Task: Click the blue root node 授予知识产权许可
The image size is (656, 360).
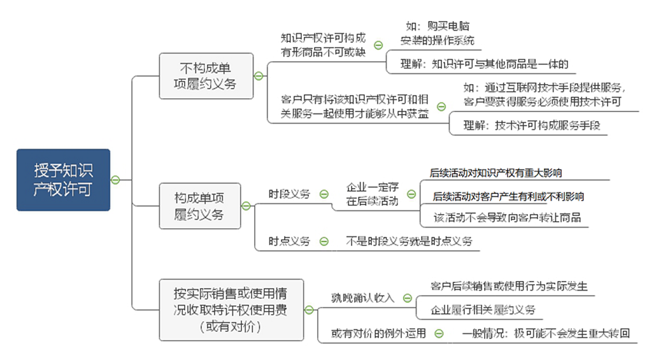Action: (63, 180)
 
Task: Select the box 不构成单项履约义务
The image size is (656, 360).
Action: (206, 75)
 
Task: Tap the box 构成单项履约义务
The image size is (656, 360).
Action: (200, 205)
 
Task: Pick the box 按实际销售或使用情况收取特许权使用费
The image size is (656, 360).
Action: (231, 310)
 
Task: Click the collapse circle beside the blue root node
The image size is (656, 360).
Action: (115, 180)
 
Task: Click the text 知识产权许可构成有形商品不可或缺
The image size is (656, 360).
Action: (324, 45)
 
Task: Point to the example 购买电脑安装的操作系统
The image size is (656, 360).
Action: (438, 34)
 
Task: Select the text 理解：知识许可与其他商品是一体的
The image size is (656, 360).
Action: (483, 64)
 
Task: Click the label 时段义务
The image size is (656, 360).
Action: (289, 194)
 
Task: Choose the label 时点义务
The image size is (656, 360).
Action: (289, 241)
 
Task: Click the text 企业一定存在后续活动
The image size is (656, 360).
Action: (373, 194)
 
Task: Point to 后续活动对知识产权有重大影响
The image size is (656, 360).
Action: (496, 173)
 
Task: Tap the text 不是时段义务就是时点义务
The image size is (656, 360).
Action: (409, 241)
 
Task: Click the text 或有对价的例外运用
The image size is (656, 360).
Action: (378, 333)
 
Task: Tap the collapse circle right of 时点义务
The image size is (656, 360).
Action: (324, 241)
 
